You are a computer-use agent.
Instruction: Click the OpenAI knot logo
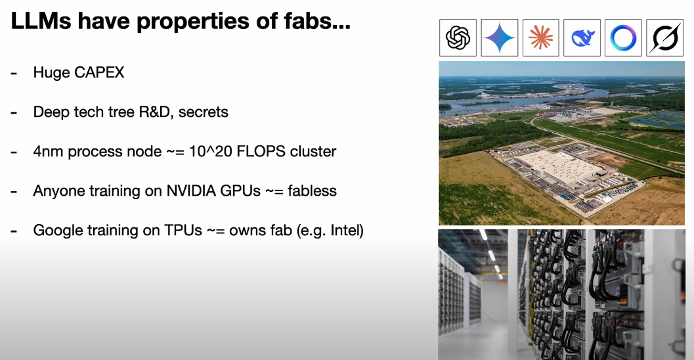click(x=458, y=37)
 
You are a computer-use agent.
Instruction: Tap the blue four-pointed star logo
click(x=499, y=37)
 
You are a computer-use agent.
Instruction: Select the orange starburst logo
click(x=540, y=37)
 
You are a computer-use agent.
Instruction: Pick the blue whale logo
click(x=582, y=38)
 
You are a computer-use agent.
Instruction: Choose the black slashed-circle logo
click(x=665, y=37)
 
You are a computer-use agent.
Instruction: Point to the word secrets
click(x=203, y=112)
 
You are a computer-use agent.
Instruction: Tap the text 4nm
click(x=48, y=152)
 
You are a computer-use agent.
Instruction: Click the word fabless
click(x=312, y=191)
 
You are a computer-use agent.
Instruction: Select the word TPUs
click(x=183, y=231)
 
